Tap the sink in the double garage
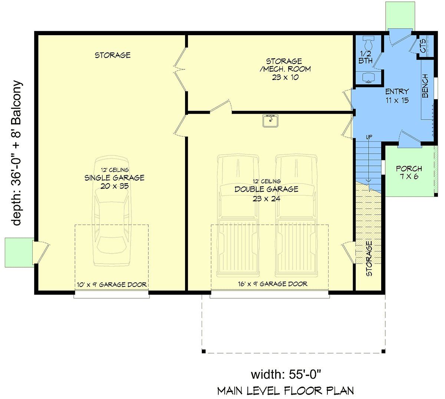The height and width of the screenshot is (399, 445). (x=270, y=121)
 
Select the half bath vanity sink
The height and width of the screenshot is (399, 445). (x=368, y=78)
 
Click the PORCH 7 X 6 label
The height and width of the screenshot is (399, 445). (x=409, y=172)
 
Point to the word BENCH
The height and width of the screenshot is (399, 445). (x=425, y=86)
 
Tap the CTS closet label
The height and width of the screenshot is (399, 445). (x=423, y=46)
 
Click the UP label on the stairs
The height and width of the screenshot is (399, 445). (x=369, y=137)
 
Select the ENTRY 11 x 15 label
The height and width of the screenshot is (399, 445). (x=397, y=96)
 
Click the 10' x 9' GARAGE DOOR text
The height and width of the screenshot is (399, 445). (x=112, y=285)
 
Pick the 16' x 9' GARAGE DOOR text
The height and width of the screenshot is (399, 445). (x=273, y=284)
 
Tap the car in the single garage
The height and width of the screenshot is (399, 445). (x=112, y=211)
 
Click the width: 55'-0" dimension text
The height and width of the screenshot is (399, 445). (x=286, y=374)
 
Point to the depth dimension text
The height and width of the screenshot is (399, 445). (x=16, y=153)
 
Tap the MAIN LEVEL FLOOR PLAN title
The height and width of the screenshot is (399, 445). (x=286, y=391)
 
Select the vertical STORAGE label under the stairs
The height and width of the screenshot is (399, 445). (x=369, y=258)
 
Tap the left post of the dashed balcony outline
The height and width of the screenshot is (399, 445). (x=204, y=351)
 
